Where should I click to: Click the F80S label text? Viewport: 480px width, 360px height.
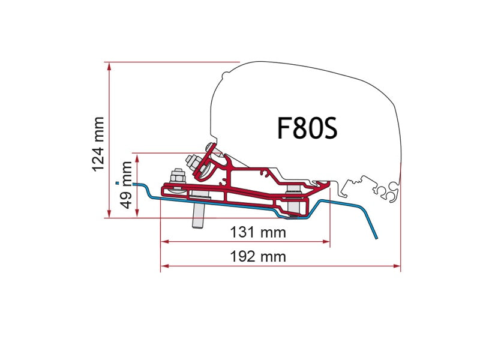[307, 128]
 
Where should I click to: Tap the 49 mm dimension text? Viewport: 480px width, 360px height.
[126, 184]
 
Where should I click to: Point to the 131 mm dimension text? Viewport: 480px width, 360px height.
[257, 232]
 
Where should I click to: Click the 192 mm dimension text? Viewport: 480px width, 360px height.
[259, 257]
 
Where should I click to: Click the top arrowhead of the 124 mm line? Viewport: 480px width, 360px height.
[109, 65]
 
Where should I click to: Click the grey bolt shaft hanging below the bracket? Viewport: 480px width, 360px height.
[197, 216]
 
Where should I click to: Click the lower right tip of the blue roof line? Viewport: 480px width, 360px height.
[377, 238]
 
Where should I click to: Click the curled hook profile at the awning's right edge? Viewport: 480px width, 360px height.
[387, 192]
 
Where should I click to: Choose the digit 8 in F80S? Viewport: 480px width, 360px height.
[299, 128]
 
